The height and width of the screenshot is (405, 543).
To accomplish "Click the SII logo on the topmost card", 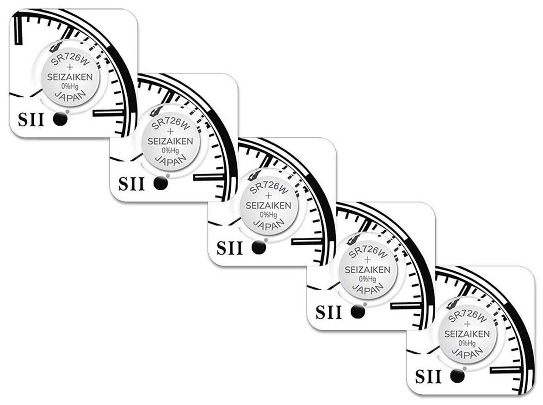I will pos(31,120).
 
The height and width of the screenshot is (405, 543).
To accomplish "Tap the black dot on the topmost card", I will pos(61,119).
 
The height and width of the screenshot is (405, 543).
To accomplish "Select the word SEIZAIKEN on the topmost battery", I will pos(74,77).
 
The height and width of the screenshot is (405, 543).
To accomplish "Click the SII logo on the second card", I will pos(131,184).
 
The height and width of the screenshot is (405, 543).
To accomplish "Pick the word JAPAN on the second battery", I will pos(170,159).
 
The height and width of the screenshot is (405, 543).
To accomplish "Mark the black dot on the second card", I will pos(160,183).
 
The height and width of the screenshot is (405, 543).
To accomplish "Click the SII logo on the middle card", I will pos(229,249).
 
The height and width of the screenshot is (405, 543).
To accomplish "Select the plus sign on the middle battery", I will pos(269,196).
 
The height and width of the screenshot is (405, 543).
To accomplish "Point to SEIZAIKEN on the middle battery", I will pos(268,205).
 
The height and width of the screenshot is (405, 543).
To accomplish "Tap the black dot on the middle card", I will pos(259,248).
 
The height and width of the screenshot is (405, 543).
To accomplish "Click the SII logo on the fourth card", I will pos(328,313).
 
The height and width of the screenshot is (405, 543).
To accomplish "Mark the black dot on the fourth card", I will pos(358,312).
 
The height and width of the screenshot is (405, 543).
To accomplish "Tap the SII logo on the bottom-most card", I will pos(428,377).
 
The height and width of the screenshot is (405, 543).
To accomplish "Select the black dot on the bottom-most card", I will pos(457,376).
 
